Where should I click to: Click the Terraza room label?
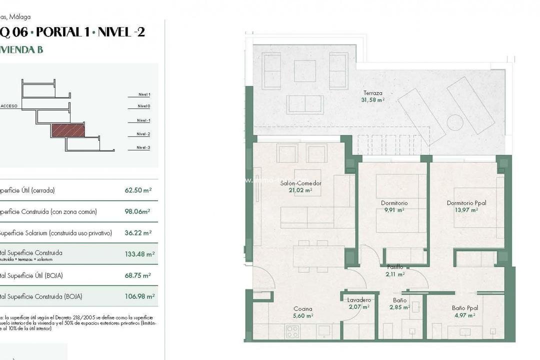coord(373,93)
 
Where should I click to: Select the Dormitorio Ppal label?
coord(466,203)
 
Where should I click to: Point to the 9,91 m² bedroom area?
coord(394,210)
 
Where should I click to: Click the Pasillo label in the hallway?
coord(395,267)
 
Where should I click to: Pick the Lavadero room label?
coord(359,300)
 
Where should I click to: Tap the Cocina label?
coord(303,309)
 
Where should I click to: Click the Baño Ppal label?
coord(464,308)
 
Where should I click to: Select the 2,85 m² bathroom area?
coord(399,307)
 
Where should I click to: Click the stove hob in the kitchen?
coord(292,331)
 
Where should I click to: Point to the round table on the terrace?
coord(455,122)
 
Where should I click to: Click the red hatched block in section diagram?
coord(67,130)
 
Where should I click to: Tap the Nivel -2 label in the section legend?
coord(143,134)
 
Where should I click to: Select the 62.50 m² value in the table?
coord(138,190)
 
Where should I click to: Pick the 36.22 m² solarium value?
coord(138,233)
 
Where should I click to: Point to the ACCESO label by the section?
coord(9,106)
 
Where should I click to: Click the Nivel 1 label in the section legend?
coord(144,94)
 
